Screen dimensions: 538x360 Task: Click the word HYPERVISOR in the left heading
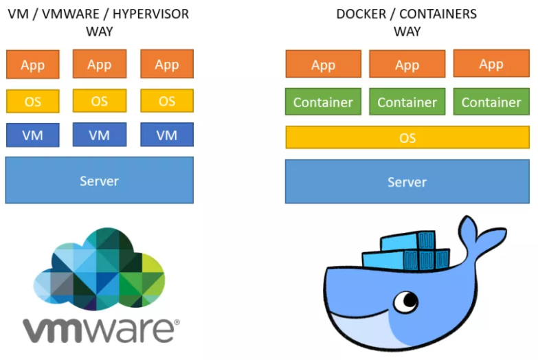[x=150, y=14]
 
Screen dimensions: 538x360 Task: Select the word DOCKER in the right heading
[x=361, y=14]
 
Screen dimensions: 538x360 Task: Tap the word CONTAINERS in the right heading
[x=438, y=14]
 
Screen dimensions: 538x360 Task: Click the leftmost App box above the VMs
[x=32, y=64]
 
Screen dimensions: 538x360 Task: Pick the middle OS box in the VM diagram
[x=100, y=100]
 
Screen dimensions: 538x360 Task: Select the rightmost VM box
[x=167, y=135]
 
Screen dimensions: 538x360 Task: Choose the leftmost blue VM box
[x=32, y=135]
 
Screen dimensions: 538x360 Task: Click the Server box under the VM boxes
[x=99, y=180]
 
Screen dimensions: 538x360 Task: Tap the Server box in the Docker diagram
[x=407, y=181]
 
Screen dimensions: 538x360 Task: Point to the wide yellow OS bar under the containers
[x=407, y=137]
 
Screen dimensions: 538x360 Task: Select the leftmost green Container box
[x=323, y=102]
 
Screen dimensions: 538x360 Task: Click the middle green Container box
[x=407, y=102]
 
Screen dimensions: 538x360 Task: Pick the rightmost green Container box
[x=491, y=102]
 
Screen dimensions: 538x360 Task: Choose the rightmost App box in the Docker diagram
[x=491, y=63]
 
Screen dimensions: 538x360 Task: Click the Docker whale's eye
[x=406, y=302]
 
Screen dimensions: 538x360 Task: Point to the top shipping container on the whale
[x=408, y=241]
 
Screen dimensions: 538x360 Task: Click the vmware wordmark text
[x=98, y=330]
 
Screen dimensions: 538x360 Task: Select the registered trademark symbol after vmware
[x=177, y=322]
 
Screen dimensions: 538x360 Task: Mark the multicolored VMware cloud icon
[x=99, y=269]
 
